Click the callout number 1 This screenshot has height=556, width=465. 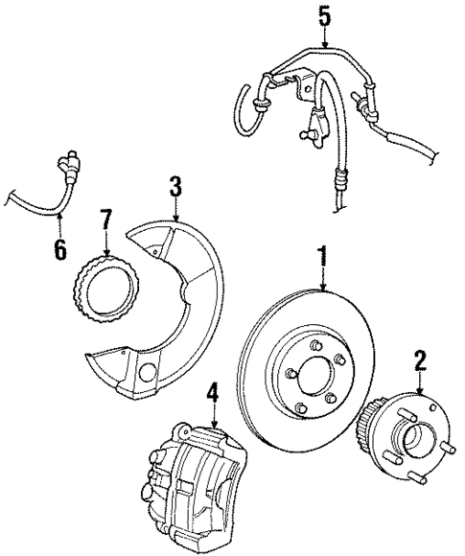coord(322,255)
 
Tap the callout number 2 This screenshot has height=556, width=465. coord(419,360)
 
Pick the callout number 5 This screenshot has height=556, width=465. coord(325,15)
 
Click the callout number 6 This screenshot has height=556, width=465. coord(60,250)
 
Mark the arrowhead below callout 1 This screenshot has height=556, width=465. coord(322,290)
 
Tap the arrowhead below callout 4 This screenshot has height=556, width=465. coord(214,428)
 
